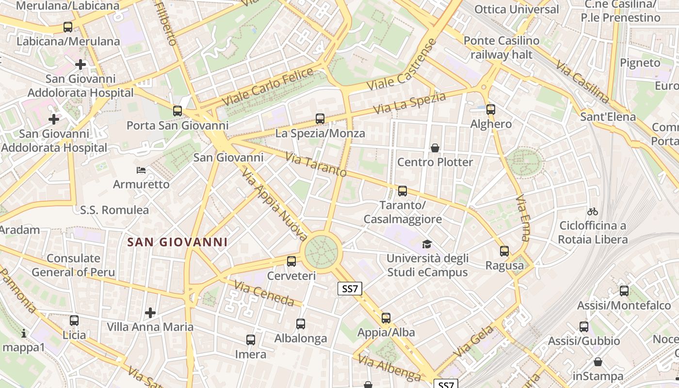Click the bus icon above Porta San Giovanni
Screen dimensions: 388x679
point(178,111)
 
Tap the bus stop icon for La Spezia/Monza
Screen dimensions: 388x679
point(320,118)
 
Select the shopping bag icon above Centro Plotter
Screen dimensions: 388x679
point(435,147)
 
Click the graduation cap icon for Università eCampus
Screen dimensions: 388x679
point(427,244)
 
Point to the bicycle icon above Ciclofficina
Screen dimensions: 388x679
point(592,211)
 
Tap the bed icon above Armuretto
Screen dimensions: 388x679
point(141,170)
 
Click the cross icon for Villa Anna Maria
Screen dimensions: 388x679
point(150,313)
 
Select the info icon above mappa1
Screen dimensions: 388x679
point(23,333)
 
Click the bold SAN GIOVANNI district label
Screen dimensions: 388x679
point(177,242)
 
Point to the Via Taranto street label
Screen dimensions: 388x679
point(316,165)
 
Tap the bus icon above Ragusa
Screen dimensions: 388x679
point(504,251)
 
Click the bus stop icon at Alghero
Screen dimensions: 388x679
point(491,110)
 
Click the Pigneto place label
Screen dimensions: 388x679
point(640,63)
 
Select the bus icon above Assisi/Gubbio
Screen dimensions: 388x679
point(584,327)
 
